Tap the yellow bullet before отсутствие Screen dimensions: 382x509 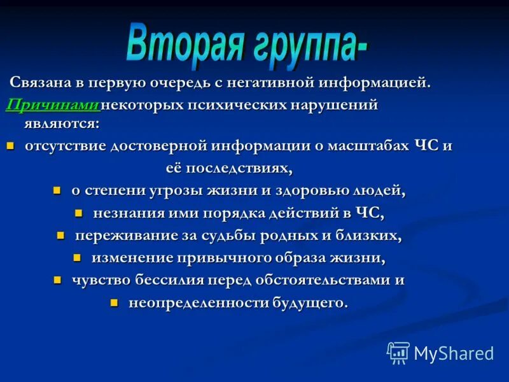pyautogui.click(x=10, y=146)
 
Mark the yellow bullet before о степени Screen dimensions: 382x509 pyautogui.click(x=57, y=190)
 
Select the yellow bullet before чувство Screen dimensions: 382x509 pyautogui.click(x=57, y=279)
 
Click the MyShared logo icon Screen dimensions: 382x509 pyautogui.click(x=398, y=352)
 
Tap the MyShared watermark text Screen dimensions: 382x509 pyautogui.click(x=454, y=353)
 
